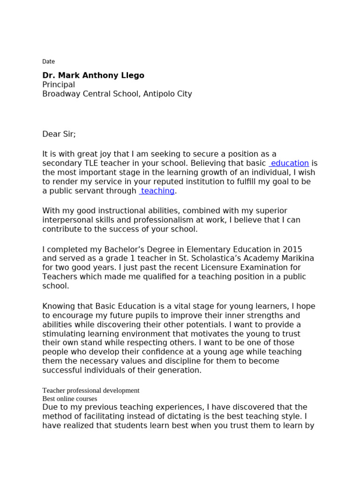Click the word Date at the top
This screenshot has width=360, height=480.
[x=48, y=61]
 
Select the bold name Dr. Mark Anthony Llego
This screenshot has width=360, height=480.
[x=93, y=75]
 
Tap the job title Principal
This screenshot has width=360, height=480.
[x=59, y=84]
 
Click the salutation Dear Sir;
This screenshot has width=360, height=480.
[x=59, y=134]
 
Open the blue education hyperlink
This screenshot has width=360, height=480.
[x=289, y=163]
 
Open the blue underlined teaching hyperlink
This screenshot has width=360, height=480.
[x=157, y=191]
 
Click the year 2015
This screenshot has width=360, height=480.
[x=292, y=249]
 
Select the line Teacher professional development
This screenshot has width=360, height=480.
[x=91, y=390]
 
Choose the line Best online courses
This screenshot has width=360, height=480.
[x=70, y=398]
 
